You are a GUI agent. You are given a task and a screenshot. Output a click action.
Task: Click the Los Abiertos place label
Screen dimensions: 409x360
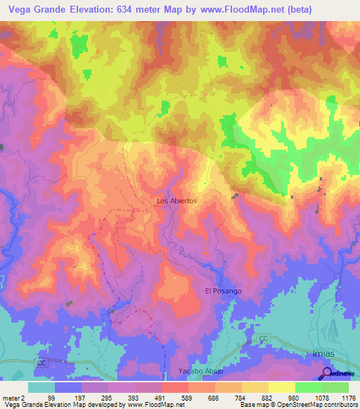point(176,200)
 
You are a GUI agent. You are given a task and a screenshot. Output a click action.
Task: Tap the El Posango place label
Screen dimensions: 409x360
point(223,290)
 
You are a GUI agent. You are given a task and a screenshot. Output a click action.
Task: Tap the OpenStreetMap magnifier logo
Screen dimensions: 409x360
point(328,372)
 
